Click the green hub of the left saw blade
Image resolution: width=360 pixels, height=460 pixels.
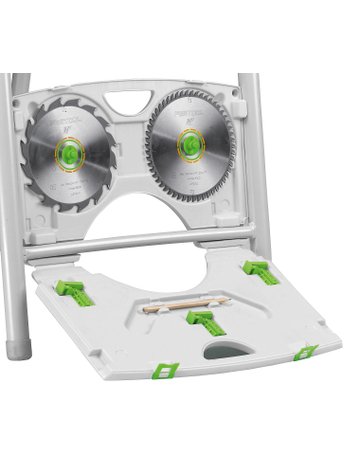(71, 153)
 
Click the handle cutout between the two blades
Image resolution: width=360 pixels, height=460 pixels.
(129, 103)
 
